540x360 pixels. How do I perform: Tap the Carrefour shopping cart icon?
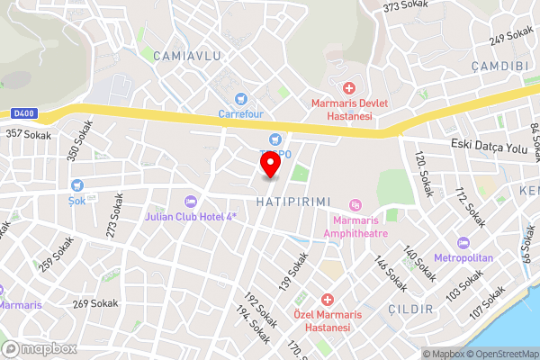(x=239, y=98)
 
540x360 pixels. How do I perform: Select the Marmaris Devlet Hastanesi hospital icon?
(x=348, y=87)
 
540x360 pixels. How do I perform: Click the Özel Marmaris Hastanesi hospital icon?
(x=328, y=298)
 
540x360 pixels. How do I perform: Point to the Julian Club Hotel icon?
(x=189, y=202)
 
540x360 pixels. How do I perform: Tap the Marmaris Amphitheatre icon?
(x=355, y=206)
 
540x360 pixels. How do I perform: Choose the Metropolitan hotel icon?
(x=463, y=243)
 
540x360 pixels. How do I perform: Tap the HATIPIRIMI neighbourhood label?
(x=294, y=200)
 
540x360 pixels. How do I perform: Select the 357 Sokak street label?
(x=28, y=134)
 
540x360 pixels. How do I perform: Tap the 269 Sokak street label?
(x=95, y=303)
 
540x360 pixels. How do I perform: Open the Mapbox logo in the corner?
(x=39, y=348)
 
